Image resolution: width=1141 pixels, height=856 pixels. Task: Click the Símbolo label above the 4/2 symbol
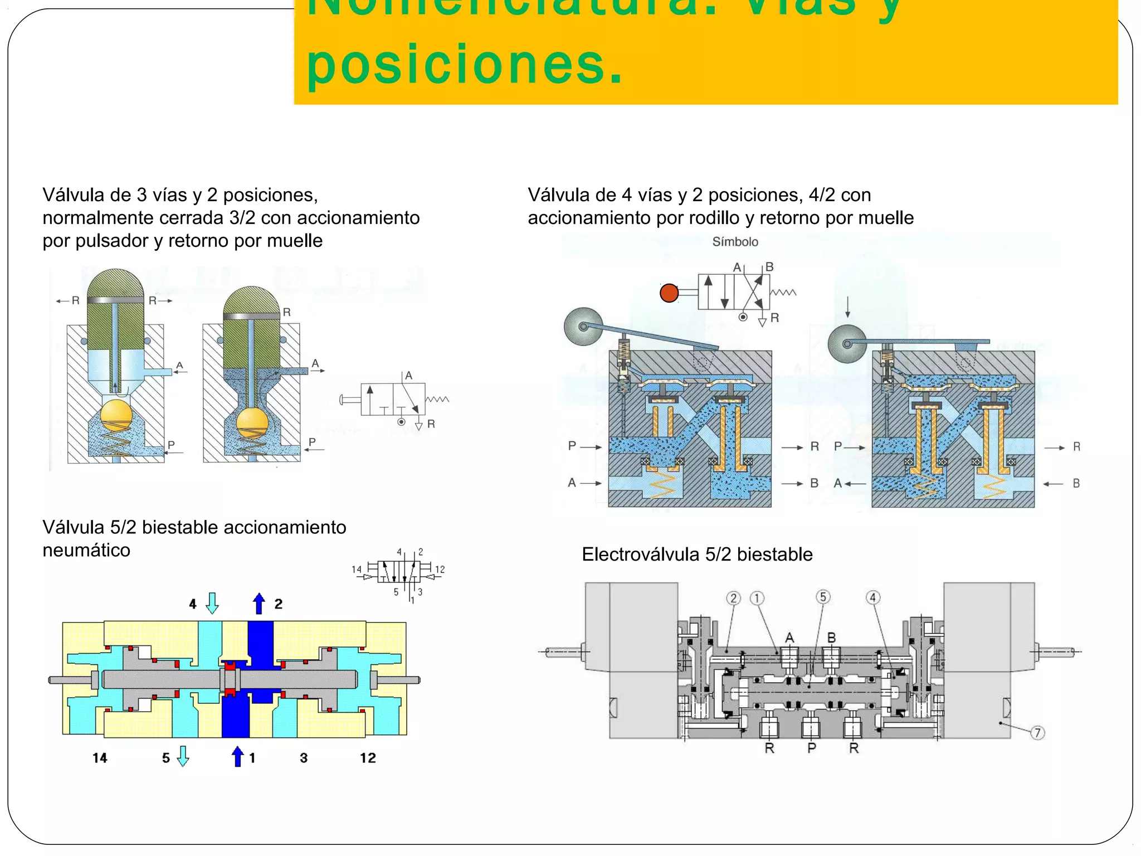click(735, 242)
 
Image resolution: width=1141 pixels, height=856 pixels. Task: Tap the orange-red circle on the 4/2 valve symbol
click(669, 293)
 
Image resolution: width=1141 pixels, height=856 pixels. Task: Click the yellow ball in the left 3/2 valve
click(116, 415)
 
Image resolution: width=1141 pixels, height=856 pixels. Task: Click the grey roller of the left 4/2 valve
click(583, 327)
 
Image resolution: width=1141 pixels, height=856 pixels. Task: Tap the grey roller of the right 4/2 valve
click(847, 344)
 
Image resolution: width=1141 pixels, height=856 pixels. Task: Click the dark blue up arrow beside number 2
click(259, 604)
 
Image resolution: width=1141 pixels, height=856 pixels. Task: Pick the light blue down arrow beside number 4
click(212, 603)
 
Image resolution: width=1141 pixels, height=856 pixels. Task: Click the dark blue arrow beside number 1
click(238, 756)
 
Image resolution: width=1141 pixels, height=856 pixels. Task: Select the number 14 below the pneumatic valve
click(100, 758)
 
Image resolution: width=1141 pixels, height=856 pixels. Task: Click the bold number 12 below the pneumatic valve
click(368, 758)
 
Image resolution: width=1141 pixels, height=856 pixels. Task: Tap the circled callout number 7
click(1037, 733)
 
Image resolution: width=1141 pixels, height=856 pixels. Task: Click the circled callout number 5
click(823, 597)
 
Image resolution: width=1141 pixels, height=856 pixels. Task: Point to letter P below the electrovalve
click(812, 748)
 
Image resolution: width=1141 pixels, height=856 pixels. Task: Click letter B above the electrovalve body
click(831, 637)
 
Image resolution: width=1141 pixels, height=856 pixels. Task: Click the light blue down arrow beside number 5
click(183, 756)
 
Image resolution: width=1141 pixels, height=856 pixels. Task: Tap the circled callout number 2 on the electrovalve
click(734, 599)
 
